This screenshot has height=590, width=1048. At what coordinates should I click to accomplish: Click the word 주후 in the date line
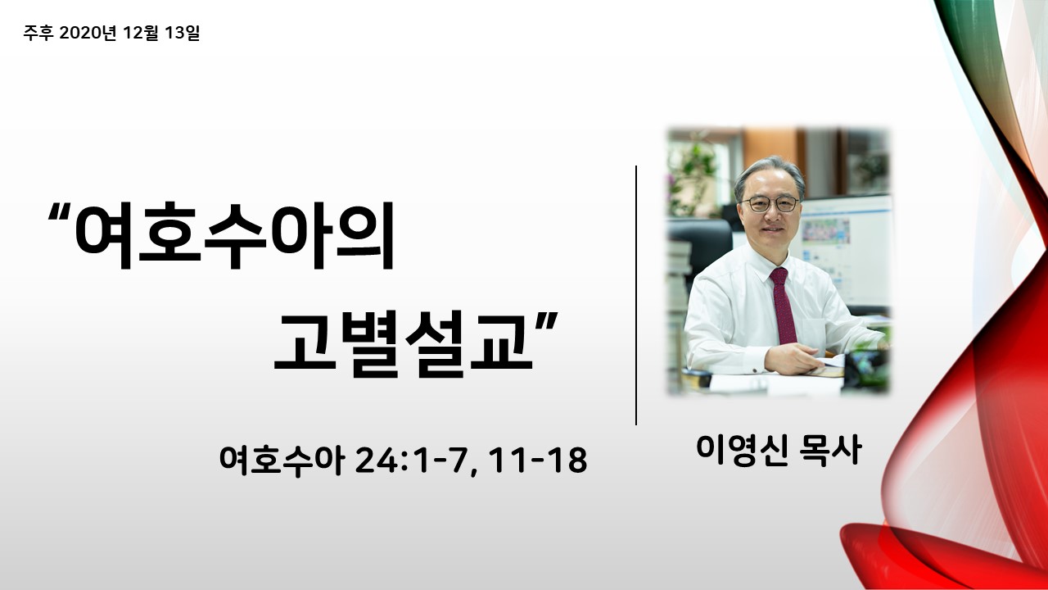38,33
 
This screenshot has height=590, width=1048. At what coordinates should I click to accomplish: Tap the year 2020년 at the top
88,33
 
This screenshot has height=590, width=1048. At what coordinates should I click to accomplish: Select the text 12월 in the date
140,33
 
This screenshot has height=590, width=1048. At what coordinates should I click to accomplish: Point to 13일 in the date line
183,33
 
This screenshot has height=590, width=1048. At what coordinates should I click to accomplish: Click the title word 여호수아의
235,235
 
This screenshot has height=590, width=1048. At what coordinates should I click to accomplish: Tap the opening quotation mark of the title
59,214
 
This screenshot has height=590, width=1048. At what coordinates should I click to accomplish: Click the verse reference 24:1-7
412,461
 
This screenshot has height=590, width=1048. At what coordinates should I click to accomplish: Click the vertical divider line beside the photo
636,295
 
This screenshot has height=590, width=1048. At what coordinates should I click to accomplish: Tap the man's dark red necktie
784,306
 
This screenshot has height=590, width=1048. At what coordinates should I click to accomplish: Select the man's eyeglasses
770,204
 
